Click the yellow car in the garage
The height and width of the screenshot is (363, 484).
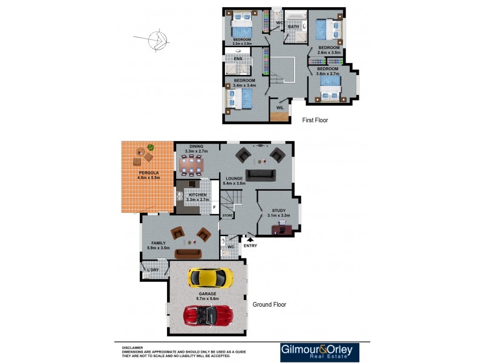pyautogui.click(x=210, y=278)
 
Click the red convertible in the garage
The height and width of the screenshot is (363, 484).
pyautogui.click(x=208, y=316)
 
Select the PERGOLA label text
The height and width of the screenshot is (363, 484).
pyautogui.click(x=148, y=173)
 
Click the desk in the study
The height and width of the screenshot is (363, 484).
pyautogui.click(x=282, y=229)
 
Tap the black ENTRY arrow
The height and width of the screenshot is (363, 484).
pyautogui.click(x=248, y=240)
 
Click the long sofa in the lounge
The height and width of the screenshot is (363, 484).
pyautogui.click(x=261, y=175)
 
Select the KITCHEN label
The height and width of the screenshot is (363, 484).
pyautogui.click(x=197, y=195)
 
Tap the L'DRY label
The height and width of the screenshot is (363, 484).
pyautogui.click(x=153, y=269)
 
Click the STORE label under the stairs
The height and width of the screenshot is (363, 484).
pyautogui.click(x=227, y=215)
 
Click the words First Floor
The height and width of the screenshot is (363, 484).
pyautogui.click(x=315, y=120)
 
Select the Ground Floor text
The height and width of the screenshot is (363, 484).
pyautogui.click(x=269, y=305)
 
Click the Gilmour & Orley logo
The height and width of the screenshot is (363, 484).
pyautogui.click(x=319, y=353)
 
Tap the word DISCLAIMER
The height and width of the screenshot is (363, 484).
pyautogui.click(x=132, y=348)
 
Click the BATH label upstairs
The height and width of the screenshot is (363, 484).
pyautogui.click(x=293, y=27)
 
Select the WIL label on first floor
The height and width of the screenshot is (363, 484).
pyautogui.click(x=280, y=107)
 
